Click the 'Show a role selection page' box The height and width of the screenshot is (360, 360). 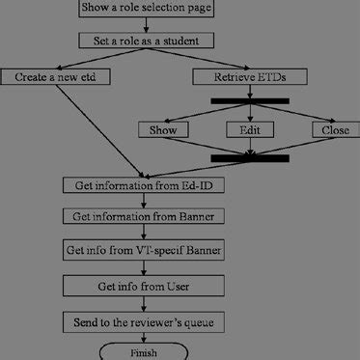point(144,11)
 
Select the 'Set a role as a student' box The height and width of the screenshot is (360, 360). point(144,42)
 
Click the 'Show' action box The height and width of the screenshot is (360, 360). point(162,129)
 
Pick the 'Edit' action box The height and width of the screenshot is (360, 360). point(249,129)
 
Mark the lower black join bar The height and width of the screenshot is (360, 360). point(250,156)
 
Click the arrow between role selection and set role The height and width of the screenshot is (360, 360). point(144,26)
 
